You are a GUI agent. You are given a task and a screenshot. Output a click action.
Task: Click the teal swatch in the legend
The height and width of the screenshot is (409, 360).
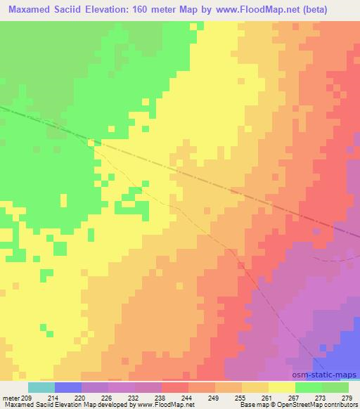coord(41,387)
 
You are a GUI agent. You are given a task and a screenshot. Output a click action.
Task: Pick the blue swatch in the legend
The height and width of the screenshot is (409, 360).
coord(68,387)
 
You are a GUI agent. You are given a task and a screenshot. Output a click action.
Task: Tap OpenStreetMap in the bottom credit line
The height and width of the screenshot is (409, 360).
coord(289,405)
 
